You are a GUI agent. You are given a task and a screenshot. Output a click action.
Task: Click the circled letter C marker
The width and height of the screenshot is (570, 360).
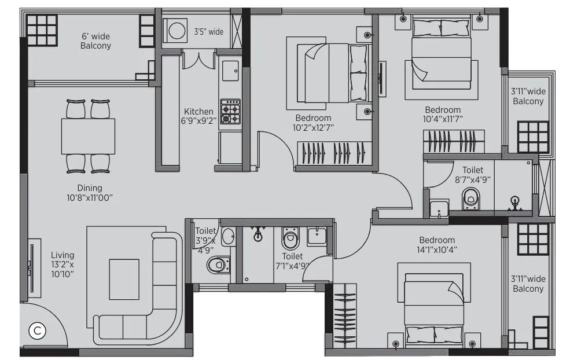[x=37, y=331]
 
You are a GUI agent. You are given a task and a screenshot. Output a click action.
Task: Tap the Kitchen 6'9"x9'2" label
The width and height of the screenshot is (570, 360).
[x=198, y=116]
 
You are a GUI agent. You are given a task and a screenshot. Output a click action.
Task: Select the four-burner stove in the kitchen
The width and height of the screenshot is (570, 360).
[x=230, y=111]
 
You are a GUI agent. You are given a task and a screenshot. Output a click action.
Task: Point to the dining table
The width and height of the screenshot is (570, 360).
[x=88, y=136]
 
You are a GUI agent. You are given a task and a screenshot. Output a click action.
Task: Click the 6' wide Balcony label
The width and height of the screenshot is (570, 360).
[x=95, y=41]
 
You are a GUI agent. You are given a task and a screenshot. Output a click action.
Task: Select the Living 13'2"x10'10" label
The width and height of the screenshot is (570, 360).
[x=62, y=264]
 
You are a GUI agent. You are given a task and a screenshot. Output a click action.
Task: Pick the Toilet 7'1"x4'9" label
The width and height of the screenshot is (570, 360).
[x=292, y=260]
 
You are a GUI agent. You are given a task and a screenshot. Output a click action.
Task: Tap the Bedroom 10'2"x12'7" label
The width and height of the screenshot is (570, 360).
[x=313, y=122]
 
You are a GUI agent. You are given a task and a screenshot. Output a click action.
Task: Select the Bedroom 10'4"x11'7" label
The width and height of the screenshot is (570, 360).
[x=443, y=114]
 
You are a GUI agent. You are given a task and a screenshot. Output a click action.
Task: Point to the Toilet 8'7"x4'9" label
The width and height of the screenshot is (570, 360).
[x=472, y=175]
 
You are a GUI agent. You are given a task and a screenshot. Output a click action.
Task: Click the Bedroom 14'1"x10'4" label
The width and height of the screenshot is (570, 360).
[x=437, y=245]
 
